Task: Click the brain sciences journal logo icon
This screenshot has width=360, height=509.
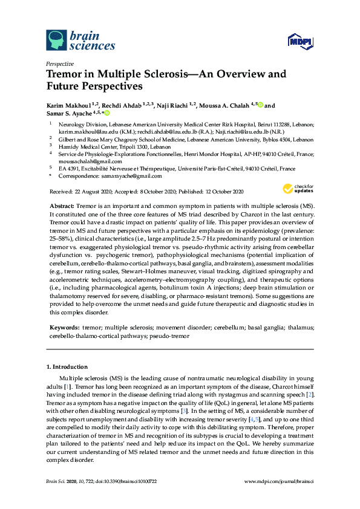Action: tap(56, 41)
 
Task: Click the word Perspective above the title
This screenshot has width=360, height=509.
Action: tap(60, 63)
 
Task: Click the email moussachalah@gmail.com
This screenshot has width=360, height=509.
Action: tap(80, 162)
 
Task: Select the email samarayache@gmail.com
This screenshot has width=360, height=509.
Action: tap(133, 177)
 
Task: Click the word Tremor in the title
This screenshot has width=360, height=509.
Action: tap(66, 75)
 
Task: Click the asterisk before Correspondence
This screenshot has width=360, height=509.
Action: tap(51, 177)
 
